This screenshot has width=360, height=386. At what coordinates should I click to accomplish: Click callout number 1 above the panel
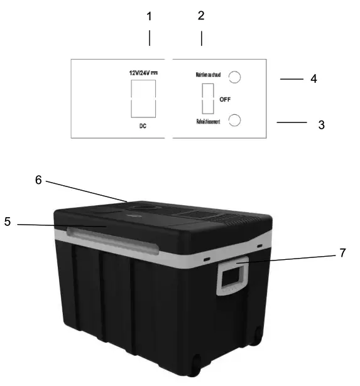tap(149, 17)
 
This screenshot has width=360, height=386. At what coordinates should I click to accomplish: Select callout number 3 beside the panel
tap(321, 124)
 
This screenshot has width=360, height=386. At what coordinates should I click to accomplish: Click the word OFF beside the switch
tap(225, 100)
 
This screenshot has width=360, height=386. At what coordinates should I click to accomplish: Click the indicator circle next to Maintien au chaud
tap(234, 77)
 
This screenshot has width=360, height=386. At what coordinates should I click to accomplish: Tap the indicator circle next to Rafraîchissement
tap(234, 120)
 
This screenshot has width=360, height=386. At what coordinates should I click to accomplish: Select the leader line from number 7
tap(289, 257)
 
